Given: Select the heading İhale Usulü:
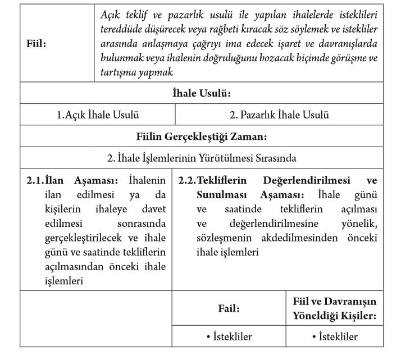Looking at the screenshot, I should pos(202,93).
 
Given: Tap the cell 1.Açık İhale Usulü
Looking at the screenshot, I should pos(98,115).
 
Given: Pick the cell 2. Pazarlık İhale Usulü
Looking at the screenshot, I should pos(279,115).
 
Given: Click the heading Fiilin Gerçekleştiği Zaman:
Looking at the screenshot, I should pos(201,136).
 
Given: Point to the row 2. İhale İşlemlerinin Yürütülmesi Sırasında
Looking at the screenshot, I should pos(202,158).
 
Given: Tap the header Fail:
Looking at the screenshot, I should pos(229,308).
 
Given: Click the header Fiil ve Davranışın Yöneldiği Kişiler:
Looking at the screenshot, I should pos(334,308).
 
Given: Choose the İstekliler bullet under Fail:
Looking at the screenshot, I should pos(229,337).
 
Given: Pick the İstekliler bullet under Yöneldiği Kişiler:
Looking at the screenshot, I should pos(334,337).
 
